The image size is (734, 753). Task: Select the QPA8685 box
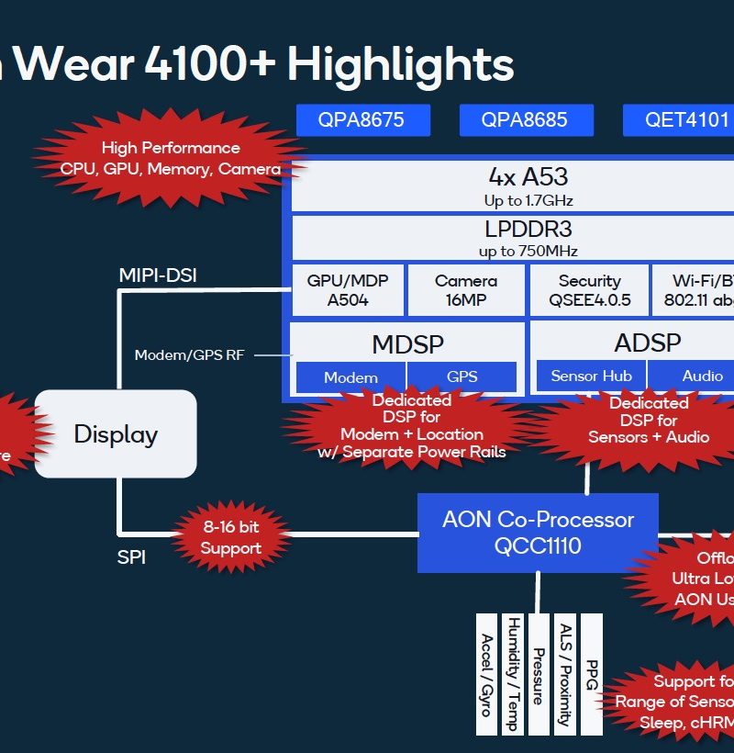(x=526, y=119)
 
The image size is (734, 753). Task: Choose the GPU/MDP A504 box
(x=347, y=290)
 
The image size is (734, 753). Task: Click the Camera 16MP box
(x=466, y=290)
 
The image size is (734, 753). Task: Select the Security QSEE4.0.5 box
(x=589, y=290)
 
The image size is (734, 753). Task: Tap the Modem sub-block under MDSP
(x=350, y=377)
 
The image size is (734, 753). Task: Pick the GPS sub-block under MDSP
(x=462, y=377)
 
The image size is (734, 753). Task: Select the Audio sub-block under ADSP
(x=702, y=376)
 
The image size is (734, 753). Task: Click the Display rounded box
(x=116, y=433)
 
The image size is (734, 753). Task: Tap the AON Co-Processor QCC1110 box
(x=538, y=533)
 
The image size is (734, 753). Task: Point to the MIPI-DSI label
(x=158, y=275)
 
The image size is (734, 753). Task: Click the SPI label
(x=131, y=556)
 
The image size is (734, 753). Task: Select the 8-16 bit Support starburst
(x=230, y=538)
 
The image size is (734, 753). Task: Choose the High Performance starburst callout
(x=171, y=158)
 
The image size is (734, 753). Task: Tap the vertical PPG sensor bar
(x=592, y=673)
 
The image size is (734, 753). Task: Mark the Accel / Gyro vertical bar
(x=486, y=673)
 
